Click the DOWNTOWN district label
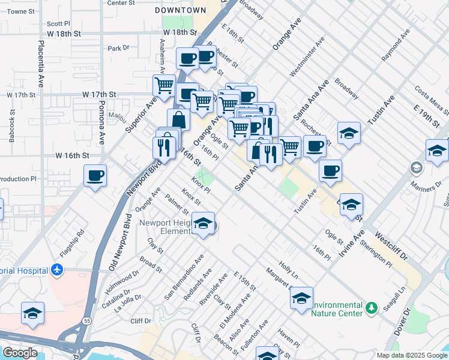(180, 10)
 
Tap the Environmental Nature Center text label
(337, 308)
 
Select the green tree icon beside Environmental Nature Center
(372, 308)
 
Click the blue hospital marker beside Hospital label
(57, 270)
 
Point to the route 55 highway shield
(87, 322)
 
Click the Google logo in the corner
(20, 353)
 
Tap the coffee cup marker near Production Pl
(95, 176)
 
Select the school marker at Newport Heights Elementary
(203, 224)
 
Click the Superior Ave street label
(136, 116)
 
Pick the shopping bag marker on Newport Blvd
(178, 120)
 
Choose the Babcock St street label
(11, 125)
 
